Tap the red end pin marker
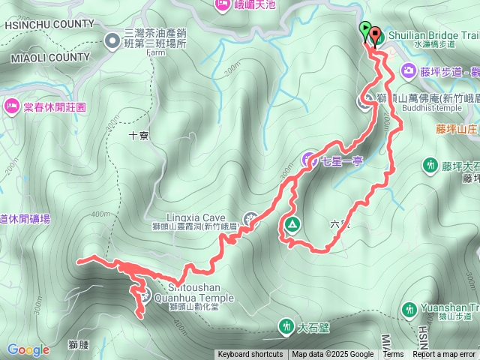pos(374,35)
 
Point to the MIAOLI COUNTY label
pos(50,57)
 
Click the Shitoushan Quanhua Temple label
pos(193,292)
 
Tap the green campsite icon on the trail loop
pos(291,223)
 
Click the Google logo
pos(28,349)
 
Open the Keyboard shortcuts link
pos(250,355)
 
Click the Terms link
pos(393,355)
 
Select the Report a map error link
pos(444,355)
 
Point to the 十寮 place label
pos(139,136)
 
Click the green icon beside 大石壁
pos(286,325)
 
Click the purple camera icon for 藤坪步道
pos(409,71)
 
